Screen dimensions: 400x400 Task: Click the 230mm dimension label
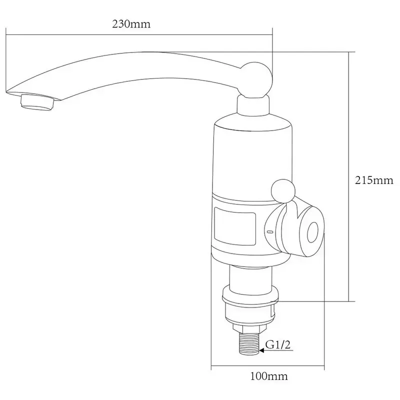(x=131, y=24)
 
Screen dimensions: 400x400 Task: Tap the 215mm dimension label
(x=374, y=180)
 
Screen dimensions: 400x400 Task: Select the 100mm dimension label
(x=269, y=376)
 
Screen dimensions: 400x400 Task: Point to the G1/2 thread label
(x=278, y=345)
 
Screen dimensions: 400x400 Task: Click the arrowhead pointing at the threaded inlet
(x=261, y=350)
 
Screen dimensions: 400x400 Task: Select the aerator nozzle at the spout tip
(x=37, y=102)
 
